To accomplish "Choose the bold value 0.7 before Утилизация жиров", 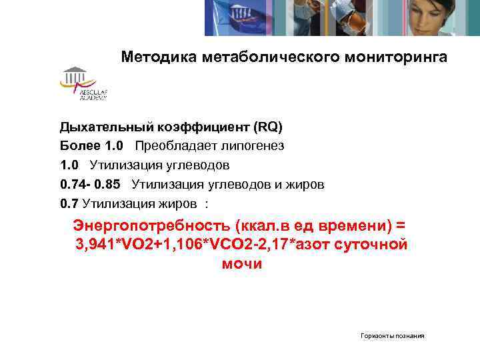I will (x=69, y=203).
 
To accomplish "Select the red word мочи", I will (x=241, y=263).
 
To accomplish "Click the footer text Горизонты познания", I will (x=393, y=336).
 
